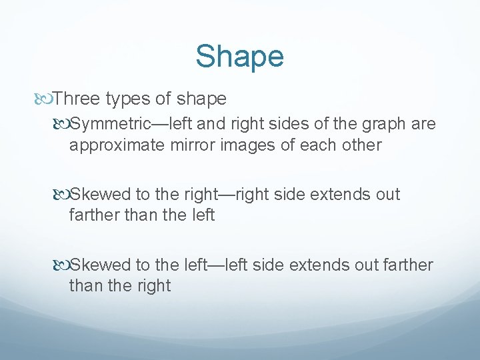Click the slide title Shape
tap(239, 57)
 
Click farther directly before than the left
tap(93, 215)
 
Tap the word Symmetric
tap(107, 125)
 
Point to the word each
tap(311, 145)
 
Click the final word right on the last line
tap(153, 286)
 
